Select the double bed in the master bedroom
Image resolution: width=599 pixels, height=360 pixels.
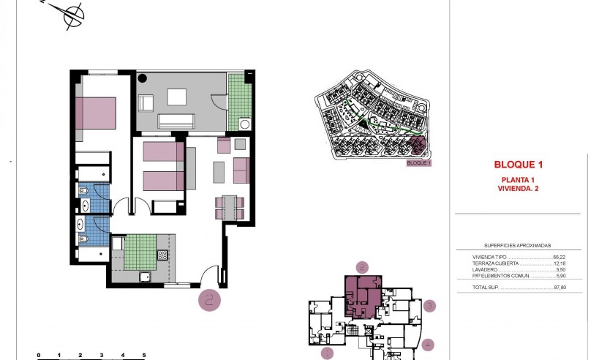point(97,113)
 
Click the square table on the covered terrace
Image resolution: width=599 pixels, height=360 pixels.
point(178,97)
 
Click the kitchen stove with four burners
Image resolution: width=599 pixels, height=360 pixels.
point(163,255)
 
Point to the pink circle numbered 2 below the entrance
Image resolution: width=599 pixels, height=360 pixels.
point(210,299)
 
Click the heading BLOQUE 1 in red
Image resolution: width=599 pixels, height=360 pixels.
point(519,165)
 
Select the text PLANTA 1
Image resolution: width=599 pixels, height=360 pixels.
point(518,180)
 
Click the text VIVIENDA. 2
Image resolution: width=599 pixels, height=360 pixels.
point(518,189)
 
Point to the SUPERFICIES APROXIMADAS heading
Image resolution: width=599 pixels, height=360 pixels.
point(517,246)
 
